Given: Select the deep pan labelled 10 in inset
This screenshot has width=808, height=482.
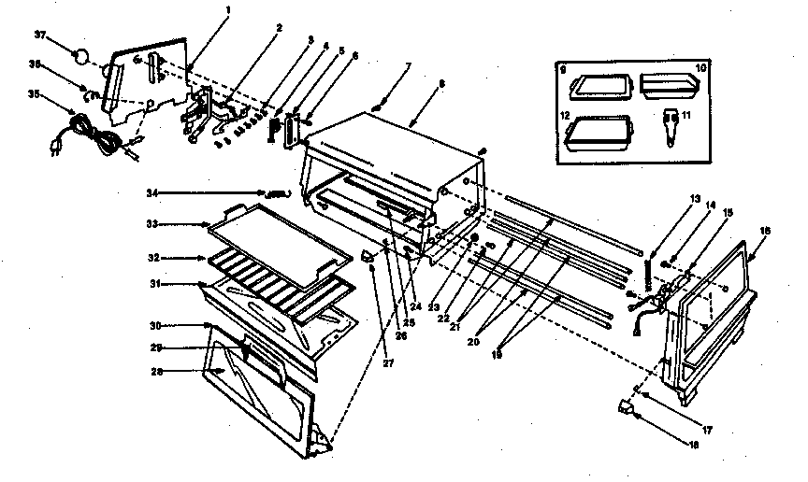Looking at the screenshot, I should (671, 88).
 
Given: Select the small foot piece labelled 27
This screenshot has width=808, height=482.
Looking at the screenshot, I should (369, 255).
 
